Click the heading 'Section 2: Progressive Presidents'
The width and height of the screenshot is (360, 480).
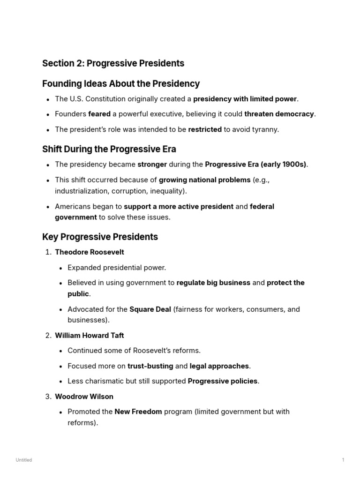coord(113,63)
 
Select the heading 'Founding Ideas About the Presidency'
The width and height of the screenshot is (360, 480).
coord(121,84)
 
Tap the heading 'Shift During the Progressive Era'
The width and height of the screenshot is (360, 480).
coord(109,150)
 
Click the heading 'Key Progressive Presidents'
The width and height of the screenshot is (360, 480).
coord(100,237)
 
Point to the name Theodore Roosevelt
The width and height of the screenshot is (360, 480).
coord(90,252)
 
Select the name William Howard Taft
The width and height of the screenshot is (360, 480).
coord(90,336)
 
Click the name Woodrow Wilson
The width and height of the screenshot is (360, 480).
coord(84,397)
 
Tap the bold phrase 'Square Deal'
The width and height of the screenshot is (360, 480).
coord(150,309)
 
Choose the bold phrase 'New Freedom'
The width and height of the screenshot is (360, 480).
coord(138,412)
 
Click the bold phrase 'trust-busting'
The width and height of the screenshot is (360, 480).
coord(150,366)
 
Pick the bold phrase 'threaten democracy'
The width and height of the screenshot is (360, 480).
coord(279,114)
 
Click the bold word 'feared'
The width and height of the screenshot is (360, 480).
coord(99,114)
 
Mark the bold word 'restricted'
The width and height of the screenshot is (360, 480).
coord(205,129)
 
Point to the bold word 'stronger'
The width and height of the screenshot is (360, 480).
coord(152,165)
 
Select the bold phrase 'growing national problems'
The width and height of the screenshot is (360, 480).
coord(204,180)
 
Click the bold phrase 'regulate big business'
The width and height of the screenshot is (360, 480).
coord(213,283)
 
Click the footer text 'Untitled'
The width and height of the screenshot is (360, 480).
coord(23,460)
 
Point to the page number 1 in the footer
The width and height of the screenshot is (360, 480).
coord(343,460)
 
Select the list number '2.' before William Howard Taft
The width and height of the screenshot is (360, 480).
coord(48,336)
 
